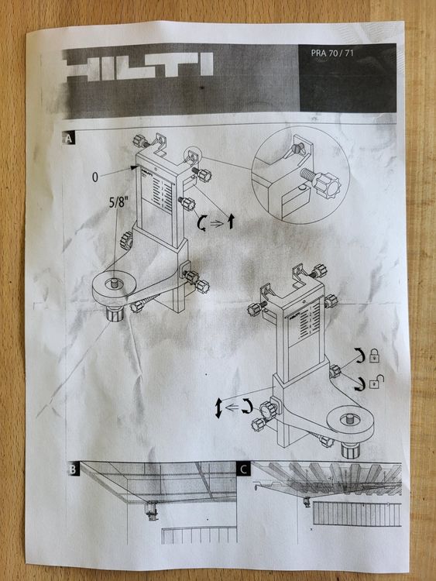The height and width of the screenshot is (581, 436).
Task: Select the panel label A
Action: click(70, 139)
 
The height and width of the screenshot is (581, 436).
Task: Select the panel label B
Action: click(70, 469)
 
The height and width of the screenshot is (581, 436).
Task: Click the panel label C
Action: click(245, 469)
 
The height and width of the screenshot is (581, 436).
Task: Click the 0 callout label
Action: click(94, 177)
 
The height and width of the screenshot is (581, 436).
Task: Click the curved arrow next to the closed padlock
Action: click(359, 356)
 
